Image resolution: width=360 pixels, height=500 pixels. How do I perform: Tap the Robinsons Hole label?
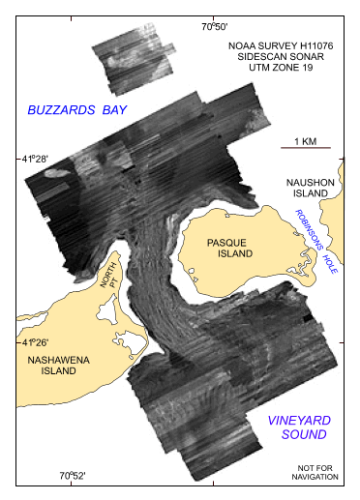(x=314, y=250)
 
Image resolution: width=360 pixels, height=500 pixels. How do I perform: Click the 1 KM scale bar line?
(x=306, y=148)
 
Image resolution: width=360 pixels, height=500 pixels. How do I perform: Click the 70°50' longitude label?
(x=214, y=27)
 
